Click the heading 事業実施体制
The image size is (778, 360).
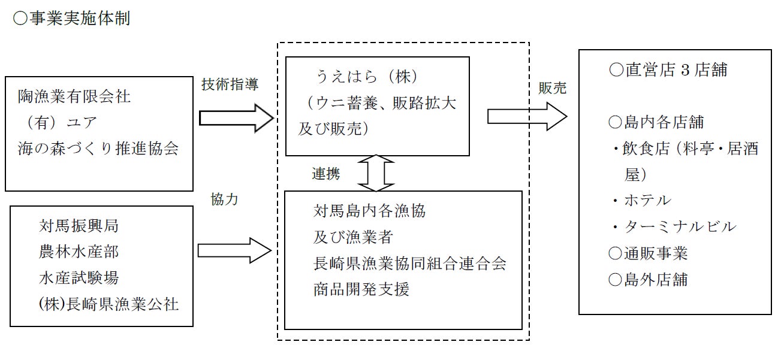pyautogui.click(x=71, y=19)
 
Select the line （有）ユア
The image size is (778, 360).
pyautogui.click(x=59, y=123)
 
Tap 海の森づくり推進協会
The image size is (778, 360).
pyautogui.click(x=98, y=149)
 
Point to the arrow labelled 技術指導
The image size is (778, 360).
pyautogui.click(x=236, y=117)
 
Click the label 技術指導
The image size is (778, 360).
pyautogui.click(x=230, y=85)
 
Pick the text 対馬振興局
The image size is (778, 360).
pyautogui.click(x=79, y=226)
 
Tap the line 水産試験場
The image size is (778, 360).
pyautogui.click(x=79, y=278)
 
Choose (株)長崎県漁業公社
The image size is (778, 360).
pyautogui.click(x=108, y=304)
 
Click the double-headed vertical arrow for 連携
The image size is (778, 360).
pyautogui.click(x=375, y=173)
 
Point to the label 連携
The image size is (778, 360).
pyautogui.click(x=325, y=174)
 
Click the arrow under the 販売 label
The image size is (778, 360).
pyautogui.click(x=527, y=116)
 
